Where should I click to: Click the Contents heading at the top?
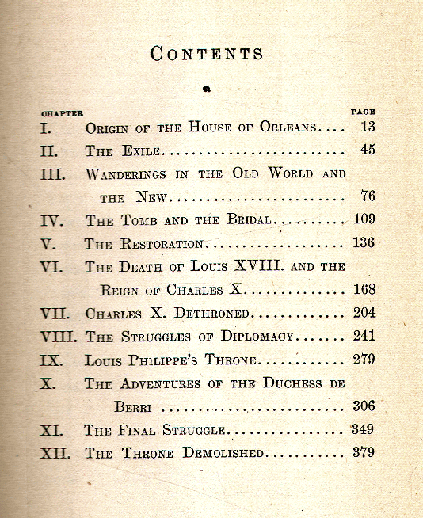207,54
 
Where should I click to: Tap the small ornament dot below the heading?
207,90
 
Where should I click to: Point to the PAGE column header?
363,112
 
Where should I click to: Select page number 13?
367,127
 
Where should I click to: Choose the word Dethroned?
210,314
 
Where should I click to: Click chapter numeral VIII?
60,337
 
